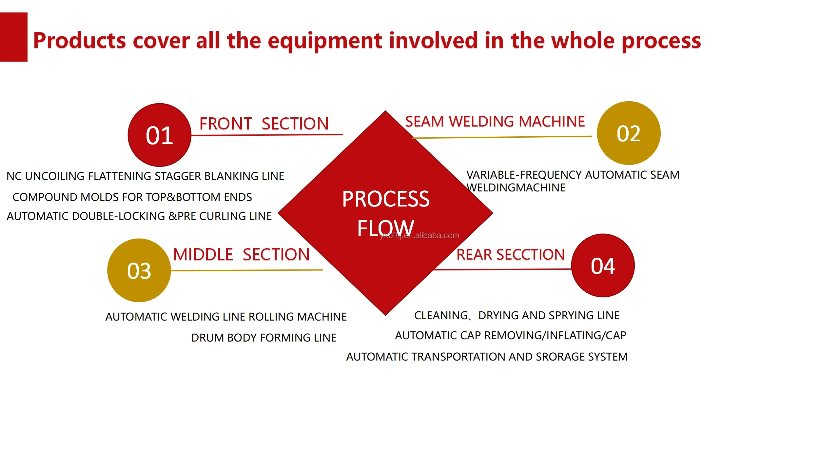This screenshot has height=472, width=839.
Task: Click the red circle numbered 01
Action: coord(159,135)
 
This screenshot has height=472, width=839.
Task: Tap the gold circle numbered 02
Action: coord(628,133)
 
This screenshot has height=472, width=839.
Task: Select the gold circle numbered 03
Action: coord(139,270)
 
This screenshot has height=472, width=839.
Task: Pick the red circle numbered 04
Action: coord(603,265)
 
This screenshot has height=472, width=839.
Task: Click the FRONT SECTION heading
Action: coord(264,124)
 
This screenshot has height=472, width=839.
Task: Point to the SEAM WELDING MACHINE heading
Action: coord(495,122)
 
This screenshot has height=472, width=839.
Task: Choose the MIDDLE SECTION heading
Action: coord(241,254)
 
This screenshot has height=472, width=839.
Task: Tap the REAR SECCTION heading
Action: coord(510,255)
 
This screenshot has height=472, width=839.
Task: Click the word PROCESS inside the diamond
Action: coord(386,199)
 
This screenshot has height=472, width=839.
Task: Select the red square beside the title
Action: coord(13,37)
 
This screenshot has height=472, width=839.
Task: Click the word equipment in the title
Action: coord(325,41)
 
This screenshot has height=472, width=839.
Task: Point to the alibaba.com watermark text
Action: coord(419,235)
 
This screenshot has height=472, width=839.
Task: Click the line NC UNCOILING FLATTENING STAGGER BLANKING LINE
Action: coord(145,176)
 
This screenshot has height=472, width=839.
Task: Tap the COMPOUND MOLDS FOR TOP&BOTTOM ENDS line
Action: coord(132,197)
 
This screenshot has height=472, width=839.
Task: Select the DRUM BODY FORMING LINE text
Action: coord(263,338)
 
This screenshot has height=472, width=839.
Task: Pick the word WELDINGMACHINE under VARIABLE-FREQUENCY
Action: coord(516,188)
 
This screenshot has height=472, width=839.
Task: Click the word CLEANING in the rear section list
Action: coord(441,315)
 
